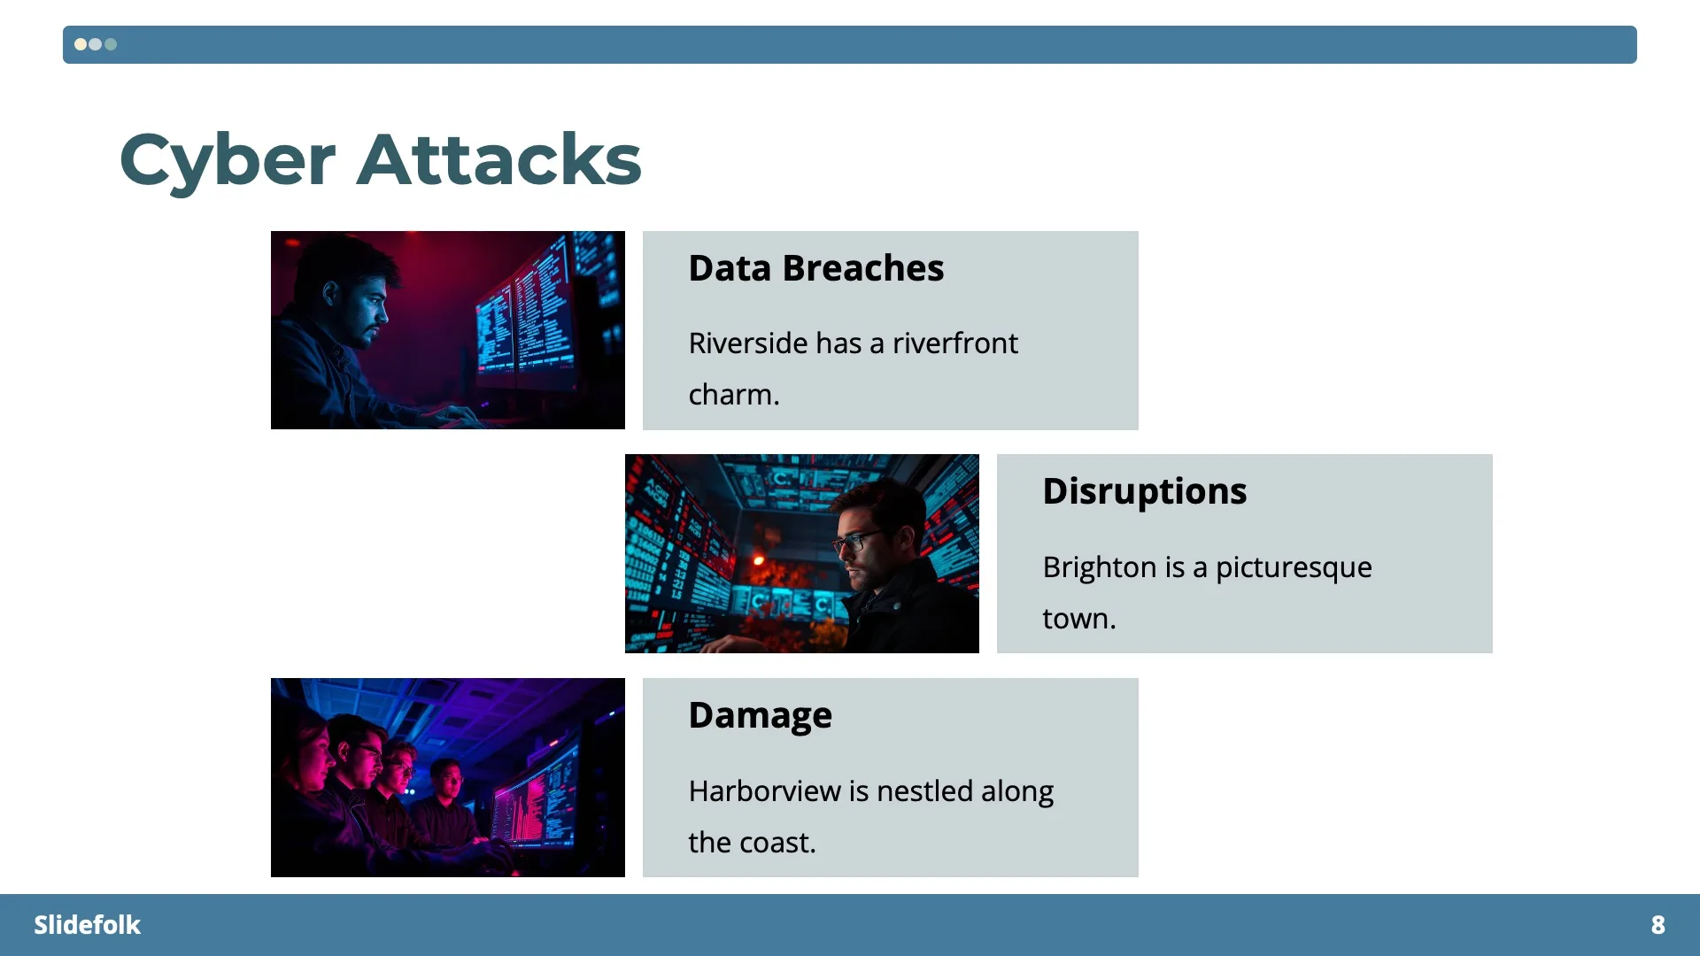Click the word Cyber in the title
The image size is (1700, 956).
tap(227, 160)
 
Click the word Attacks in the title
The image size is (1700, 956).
tap(498, 160)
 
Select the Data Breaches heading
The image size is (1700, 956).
tap(815, 268)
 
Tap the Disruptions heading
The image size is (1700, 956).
tap(1144, 491)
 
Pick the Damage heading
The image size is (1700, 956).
tap(760, 715)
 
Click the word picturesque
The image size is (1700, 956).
tap(1294, 567)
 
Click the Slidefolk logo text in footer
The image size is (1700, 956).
tap(87, 925)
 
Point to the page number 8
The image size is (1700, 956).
tap(1657, 925)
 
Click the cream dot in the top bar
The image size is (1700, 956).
tap(81, 44)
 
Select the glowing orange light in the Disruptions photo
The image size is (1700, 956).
tap(758, 559)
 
